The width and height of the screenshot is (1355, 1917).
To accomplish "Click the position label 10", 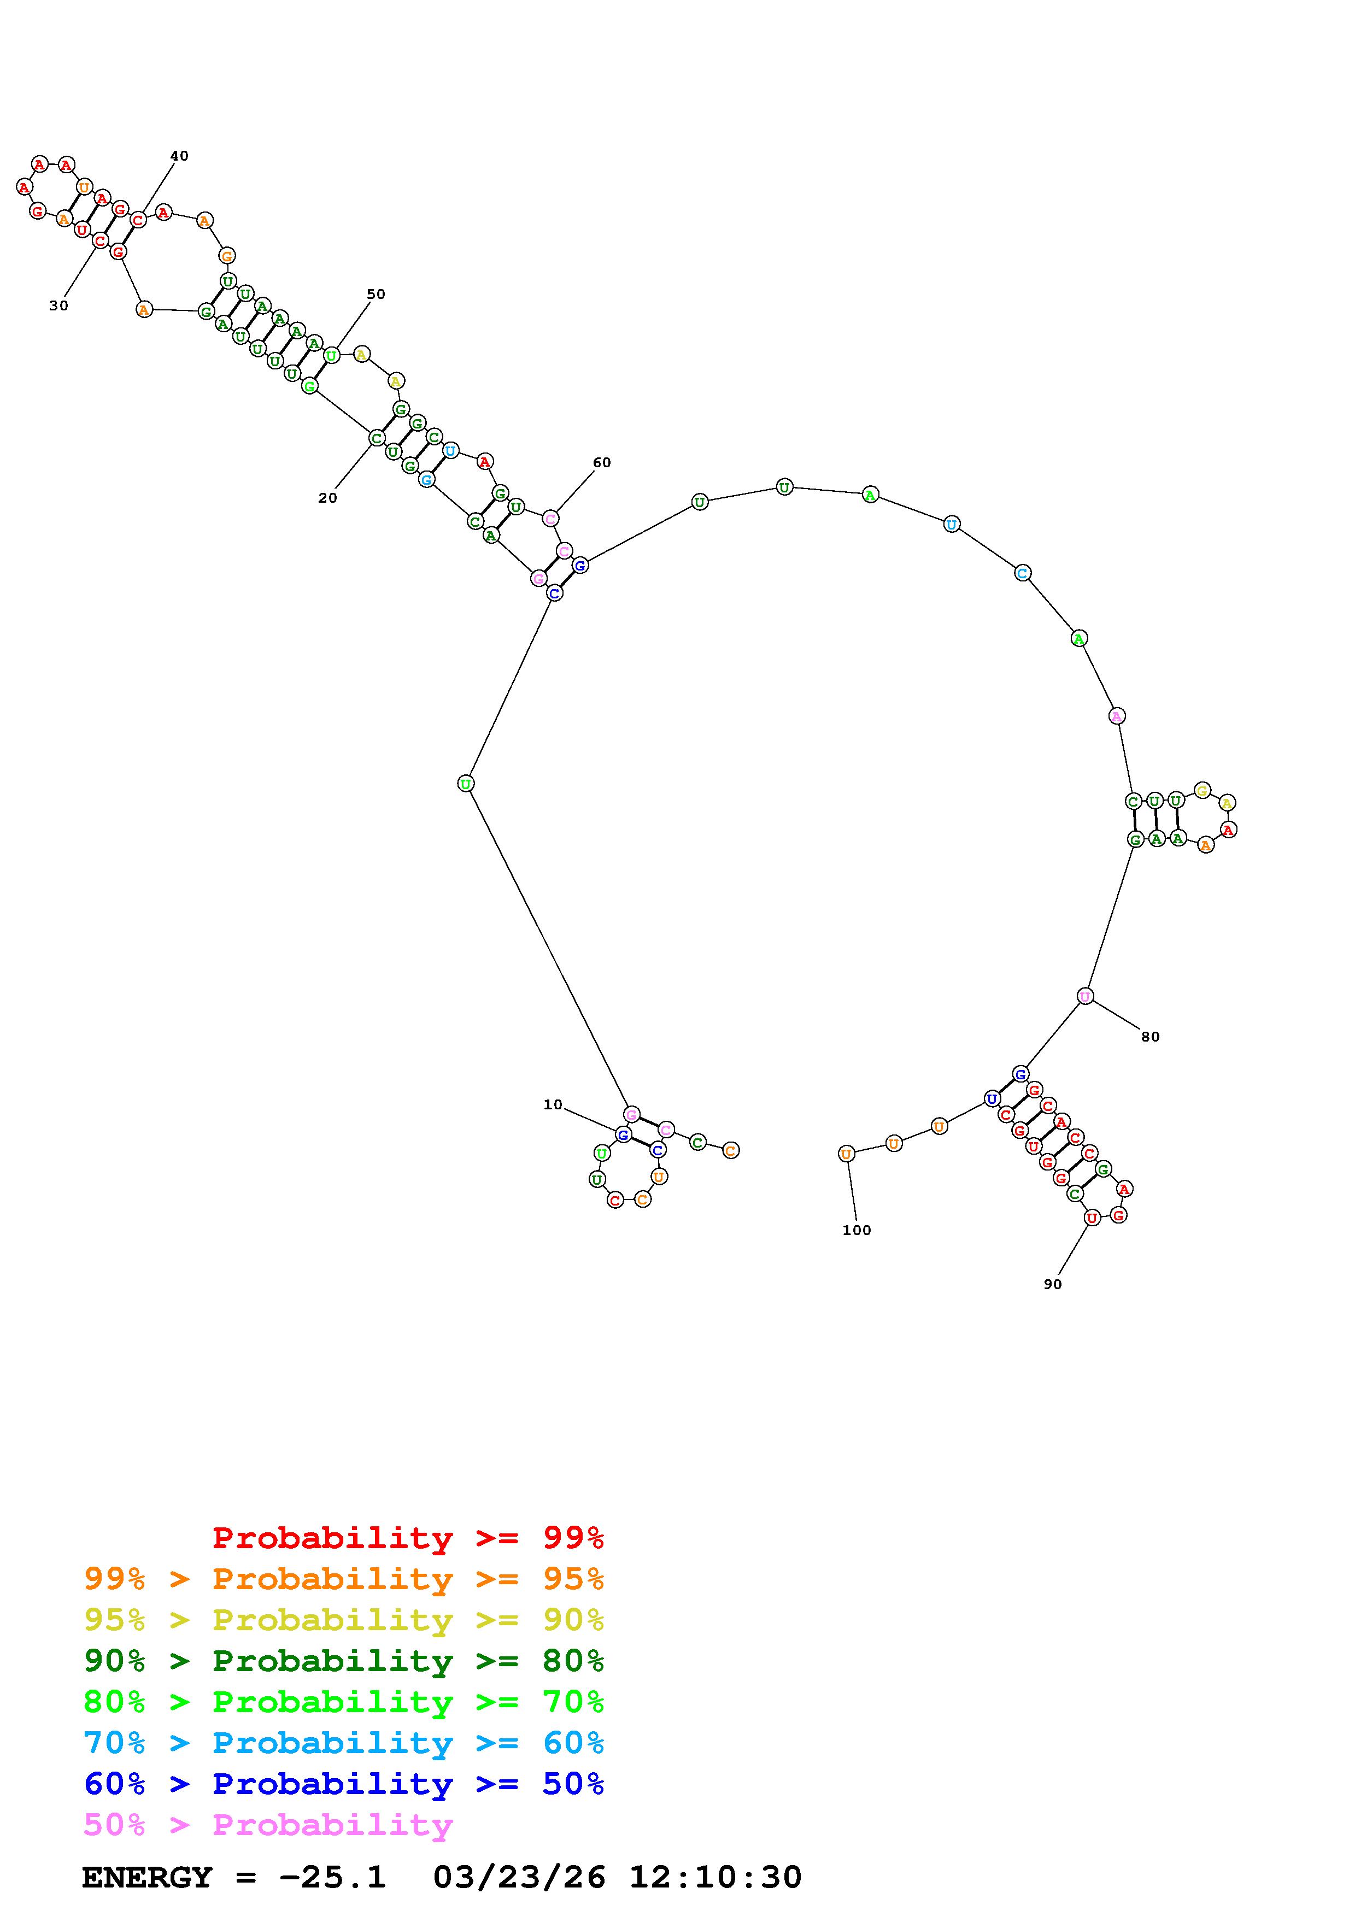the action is pos(553,1104).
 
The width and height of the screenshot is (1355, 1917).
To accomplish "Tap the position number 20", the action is pos(327,498).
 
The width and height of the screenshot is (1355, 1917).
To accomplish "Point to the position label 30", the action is pos(58,305).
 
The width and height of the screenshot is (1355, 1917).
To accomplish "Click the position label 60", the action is pos(601,462).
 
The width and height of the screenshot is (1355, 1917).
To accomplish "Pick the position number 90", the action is pos(1052,1284).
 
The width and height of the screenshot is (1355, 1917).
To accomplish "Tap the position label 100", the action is pos(857,1230).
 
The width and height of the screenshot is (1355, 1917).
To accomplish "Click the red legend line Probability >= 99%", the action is pos(408,1538).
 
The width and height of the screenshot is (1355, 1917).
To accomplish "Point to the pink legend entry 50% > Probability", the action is pos(268,1825).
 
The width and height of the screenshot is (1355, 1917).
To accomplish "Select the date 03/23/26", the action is pos(519,1878).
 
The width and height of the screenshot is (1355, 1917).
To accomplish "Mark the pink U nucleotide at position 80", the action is pos(1084,996).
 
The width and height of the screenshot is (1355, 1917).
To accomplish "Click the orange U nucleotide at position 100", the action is pos(847,1154).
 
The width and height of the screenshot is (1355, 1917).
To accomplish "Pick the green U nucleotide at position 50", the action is pos(331,356).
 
